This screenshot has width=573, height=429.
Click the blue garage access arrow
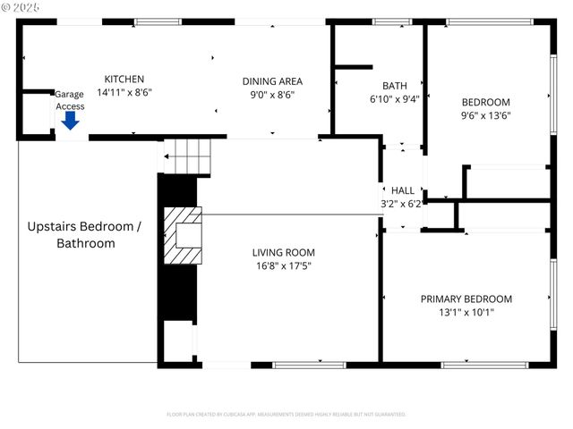(x=70, y=121)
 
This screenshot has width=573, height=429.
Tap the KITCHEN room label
(x=124, y=79)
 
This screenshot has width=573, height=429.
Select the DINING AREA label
(x=272, y=81)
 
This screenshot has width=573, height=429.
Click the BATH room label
(x=394, y=86)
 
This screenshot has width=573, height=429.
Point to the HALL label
(x=403, y=190)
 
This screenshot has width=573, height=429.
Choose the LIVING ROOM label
(x=283, y=252)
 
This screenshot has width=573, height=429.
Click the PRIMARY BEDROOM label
(x=466, y=299)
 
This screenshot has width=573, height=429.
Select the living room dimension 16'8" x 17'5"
(x=283, y=265)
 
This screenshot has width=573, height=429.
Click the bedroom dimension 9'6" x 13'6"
(x=485, y=114)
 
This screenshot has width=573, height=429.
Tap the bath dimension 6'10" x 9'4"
(x=394, y=99)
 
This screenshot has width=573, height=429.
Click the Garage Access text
(x=70, y=100)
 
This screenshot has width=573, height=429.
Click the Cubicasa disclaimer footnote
(x=286, y=415)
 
